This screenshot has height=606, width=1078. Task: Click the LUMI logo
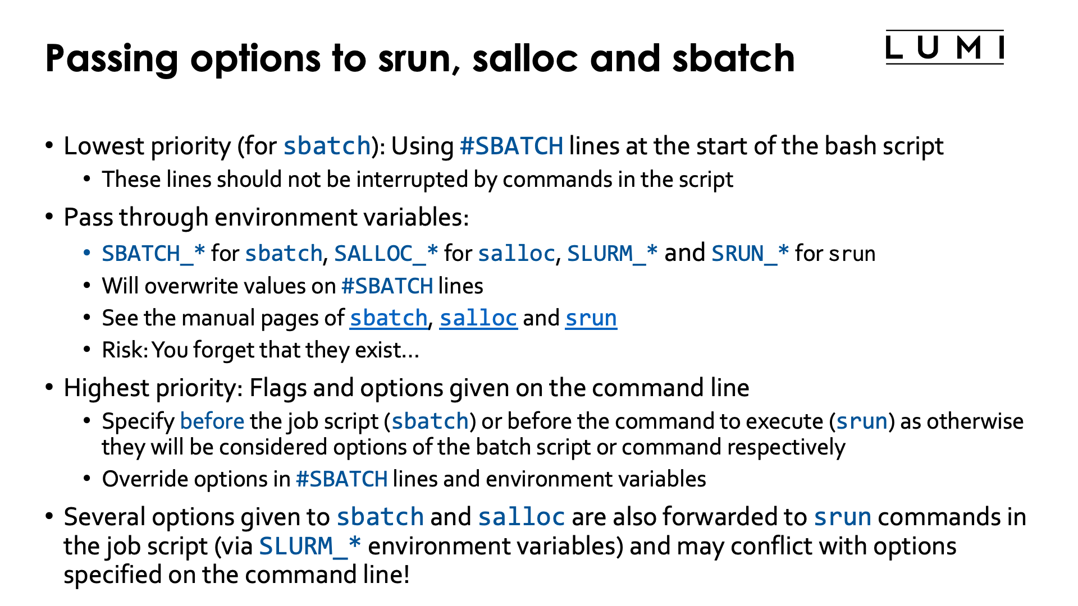(944, 48)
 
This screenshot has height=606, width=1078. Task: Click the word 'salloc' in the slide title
(524, 58)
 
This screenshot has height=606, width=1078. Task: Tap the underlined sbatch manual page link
(389, 318)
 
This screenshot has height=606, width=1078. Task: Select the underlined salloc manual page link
(478, 318)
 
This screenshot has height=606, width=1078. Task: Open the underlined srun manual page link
(591, 318)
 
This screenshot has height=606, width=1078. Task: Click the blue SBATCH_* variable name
(153, 254)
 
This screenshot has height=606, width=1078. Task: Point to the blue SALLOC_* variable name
(386, 254)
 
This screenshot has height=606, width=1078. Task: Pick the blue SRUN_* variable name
(750, 254)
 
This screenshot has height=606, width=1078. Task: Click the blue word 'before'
(212, 421)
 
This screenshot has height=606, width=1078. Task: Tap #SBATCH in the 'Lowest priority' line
(511, 146)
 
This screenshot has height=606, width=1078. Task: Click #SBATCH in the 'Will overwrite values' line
(387, 286)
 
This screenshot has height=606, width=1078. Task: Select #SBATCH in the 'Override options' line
(341, 479)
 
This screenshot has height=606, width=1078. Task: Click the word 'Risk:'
(125, 350)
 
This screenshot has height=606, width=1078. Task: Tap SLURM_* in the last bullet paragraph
(310, 546)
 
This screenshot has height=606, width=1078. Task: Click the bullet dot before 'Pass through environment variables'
(49, 217)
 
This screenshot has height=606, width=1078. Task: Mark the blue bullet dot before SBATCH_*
(86, 253)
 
